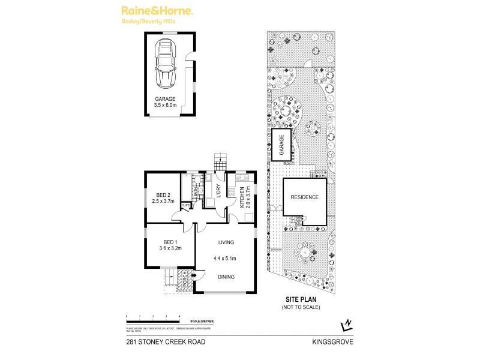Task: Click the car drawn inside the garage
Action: [165, 63]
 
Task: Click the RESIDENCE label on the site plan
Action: [304, 197]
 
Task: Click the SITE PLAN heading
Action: [301, 299]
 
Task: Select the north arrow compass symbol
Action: [344, 325]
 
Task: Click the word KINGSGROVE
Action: [332, 342]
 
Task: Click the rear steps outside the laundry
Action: [220, 163]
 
